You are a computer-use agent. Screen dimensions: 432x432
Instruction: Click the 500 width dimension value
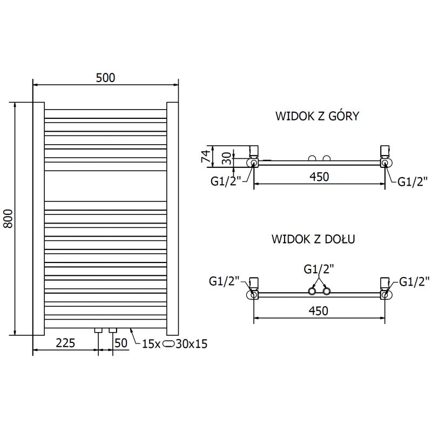click(x=105, y=78)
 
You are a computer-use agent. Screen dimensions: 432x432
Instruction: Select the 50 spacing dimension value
click(x=122, y=342)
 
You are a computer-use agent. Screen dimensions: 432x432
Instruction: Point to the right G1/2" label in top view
click(x=413, y=182)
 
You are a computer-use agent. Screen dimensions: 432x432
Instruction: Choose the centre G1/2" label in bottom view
click(x=319, y=269)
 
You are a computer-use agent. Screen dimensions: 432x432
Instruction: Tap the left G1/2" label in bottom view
click(x=223, y=280)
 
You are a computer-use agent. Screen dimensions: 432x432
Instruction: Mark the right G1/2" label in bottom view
click(x=415, y=280)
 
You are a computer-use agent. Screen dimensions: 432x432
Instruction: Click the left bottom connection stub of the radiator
click(x=98, y=329)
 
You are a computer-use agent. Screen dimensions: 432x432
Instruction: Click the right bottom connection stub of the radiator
click(x=112, y=329)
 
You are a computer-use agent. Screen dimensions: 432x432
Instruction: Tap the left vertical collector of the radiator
click(x=38, y=218)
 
